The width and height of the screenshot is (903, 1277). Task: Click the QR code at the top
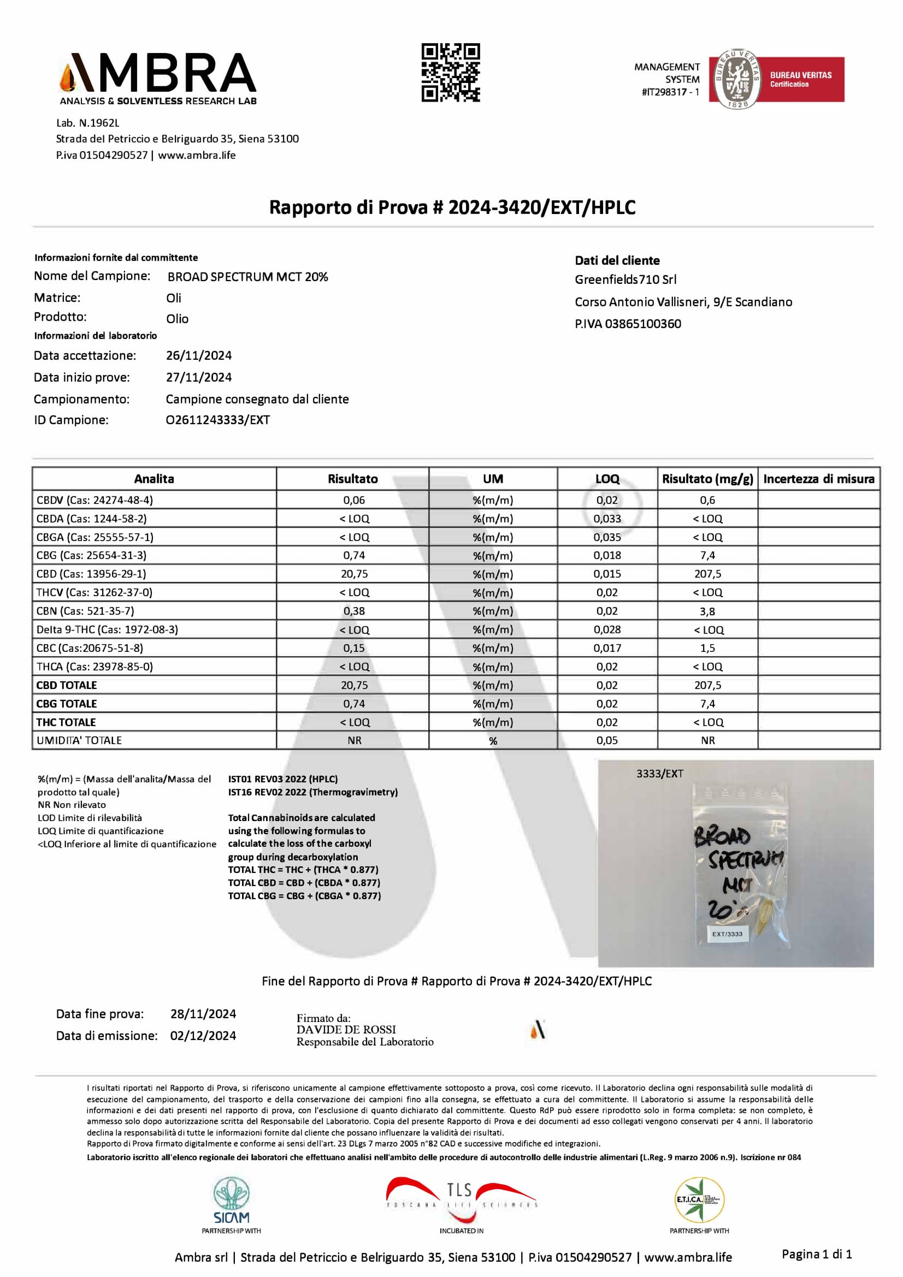[450, 72]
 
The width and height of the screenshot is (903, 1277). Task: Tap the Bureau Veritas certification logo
[776, 79]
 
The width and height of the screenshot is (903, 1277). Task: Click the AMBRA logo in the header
[158, 78]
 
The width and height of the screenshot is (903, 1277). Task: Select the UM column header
[493, 479]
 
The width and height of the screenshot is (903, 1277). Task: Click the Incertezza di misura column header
[818, 479]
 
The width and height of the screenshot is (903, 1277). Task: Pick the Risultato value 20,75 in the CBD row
[355, 574]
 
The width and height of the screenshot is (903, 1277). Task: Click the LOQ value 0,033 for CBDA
[607, 518]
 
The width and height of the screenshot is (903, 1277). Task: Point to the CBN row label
[85, 611]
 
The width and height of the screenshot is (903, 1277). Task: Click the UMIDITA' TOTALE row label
[79, 740]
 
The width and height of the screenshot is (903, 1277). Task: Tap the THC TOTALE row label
[66, 722]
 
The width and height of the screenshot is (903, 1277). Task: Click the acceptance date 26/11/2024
[199, 355]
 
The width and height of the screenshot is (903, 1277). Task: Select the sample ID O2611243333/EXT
[217, 420]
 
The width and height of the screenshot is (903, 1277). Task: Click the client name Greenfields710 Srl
[625, 280]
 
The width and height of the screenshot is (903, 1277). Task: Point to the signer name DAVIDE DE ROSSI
[346, 1030]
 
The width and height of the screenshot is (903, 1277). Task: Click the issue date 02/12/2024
[203, 1036]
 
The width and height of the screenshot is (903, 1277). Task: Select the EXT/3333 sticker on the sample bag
[727, 934]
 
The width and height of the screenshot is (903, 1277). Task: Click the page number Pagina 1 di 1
[817, 1254]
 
